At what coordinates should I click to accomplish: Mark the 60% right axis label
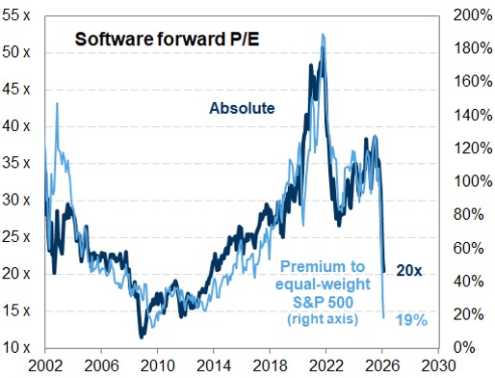[467, 248]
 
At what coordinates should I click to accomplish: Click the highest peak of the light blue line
[322, 35]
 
